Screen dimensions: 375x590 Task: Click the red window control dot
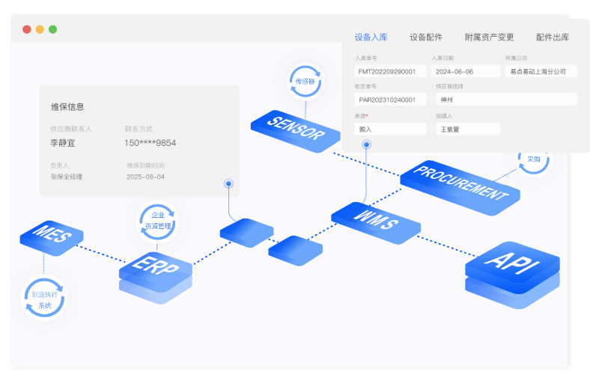[x=27, y=30]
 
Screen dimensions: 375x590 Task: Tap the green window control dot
[x=52, y=30]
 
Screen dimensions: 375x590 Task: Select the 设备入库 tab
[x=371, y=37]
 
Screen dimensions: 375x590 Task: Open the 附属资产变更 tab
[x=489, y=37]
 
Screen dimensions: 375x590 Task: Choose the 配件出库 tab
[x=553, y=37]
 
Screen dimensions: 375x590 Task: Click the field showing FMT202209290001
[x=390, y=72]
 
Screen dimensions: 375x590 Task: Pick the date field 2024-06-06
[x=465, y=72]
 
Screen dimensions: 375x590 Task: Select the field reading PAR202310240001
[x=390, y=100]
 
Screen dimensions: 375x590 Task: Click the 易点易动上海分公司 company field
[x=541, y=72]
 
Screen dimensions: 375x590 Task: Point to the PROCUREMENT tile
[x=459, y=183]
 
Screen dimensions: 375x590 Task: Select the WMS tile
[x=374, y=222]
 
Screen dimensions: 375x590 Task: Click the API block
[x=511, y=261]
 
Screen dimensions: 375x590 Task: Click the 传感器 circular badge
[x=305, y=82]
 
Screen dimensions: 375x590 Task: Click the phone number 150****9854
[x=150, y=143]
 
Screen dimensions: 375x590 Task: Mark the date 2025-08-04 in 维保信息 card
[x=145, y=177]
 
